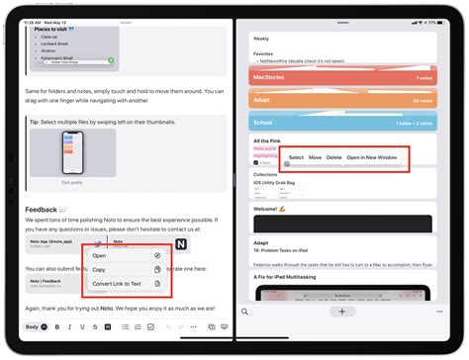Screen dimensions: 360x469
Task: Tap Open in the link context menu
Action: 100,255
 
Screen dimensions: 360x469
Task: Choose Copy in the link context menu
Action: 100,270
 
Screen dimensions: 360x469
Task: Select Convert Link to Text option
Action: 116,285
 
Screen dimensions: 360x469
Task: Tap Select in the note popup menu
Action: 296,158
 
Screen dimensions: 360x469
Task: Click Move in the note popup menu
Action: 315,158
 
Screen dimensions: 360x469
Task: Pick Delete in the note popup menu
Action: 334,158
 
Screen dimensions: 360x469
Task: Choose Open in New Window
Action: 372,158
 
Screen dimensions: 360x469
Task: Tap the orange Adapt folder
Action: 340,100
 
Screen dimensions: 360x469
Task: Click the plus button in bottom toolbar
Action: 341,312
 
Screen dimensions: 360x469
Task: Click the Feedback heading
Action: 41,211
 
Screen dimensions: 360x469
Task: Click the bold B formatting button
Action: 56,327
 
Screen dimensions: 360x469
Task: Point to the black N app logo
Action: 182,244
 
